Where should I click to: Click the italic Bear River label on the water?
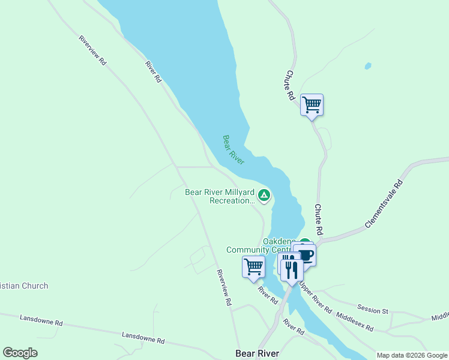234,149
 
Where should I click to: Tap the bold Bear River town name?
258,353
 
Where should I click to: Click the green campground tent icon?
264,195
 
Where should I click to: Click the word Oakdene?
279,241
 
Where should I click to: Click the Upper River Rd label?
316,297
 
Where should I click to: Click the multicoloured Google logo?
20,353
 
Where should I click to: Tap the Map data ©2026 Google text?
412,355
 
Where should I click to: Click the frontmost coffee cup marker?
305,255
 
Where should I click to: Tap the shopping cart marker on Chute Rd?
312,106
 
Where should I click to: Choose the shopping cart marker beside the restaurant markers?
253,266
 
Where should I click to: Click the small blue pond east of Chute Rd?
367,66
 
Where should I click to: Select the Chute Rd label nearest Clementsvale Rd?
319,219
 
